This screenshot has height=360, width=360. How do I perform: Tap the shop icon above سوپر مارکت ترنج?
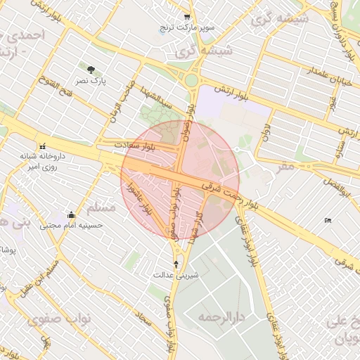click(186, 17)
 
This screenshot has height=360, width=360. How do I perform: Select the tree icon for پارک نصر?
click(91, 69)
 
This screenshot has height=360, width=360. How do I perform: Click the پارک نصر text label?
click(91, 81)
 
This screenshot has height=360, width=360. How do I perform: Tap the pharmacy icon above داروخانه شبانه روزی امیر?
click(43, 146)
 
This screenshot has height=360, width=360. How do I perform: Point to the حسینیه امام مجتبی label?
click(70, 226)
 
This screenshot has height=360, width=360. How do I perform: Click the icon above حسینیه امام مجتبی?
click(70, 215)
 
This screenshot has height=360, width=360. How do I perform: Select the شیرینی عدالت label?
click(176, 275)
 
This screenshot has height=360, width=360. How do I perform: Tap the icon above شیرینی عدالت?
click(176, 264)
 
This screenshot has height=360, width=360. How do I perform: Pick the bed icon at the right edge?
click(328, 221)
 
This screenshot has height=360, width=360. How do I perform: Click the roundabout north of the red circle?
click(192, 79)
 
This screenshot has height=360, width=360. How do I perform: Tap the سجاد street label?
click(146, 319)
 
